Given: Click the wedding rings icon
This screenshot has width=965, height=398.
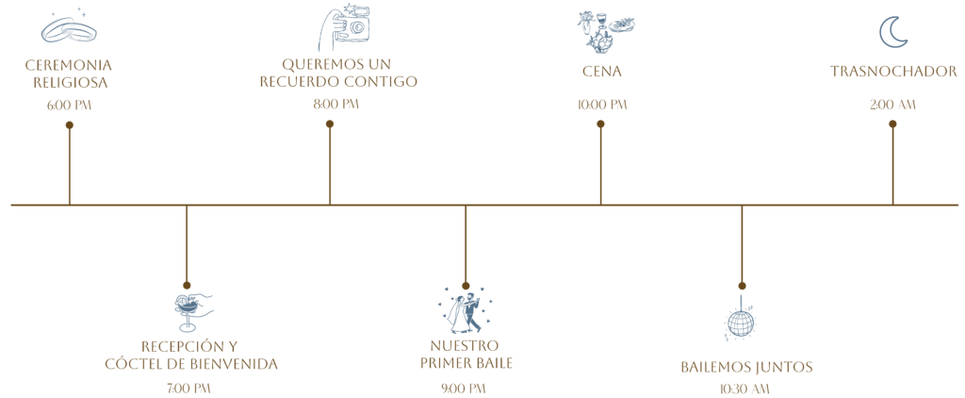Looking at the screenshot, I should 70,30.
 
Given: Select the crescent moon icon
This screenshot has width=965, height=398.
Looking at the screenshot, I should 892,31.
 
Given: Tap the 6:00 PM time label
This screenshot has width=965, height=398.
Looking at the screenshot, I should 70,106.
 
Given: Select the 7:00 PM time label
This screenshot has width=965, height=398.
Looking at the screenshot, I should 188,388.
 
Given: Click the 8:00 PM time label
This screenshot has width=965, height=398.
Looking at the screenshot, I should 336,105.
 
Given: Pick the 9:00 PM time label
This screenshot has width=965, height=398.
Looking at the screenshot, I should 464,388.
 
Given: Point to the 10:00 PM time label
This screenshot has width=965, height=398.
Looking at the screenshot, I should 602,105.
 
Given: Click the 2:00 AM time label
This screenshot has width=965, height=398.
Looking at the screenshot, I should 892,105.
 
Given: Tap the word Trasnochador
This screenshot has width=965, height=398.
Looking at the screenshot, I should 893,72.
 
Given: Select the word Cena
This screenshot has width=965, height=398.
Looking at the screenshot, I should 602,72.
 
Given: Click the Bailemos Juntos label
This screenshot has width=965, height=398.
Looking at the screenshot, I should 746,366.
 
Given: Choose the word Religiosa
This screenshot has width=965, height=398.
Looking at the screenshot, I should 70,83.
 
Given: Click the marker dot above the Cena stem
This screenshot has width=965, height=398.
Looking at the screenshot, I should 600,123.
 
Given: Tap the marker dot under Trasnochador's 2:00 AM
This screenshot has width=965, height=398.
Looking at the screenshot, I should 892,123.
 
